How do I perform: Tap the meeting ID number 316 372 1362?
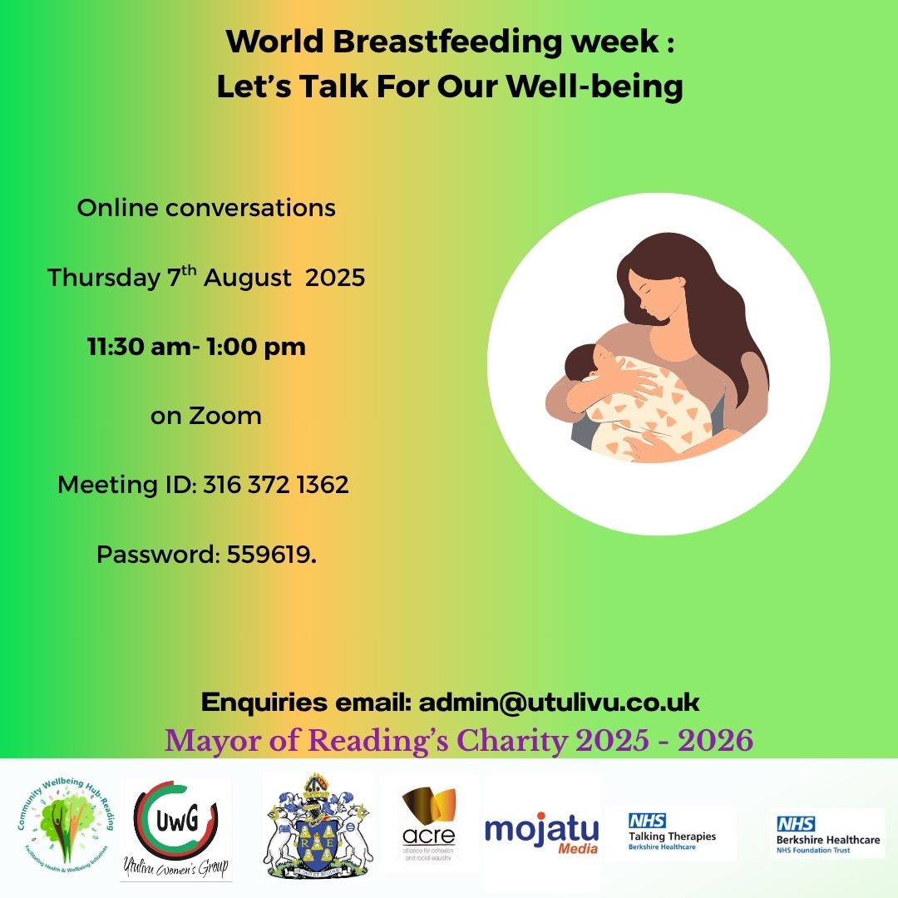pyautogui.click(x=276, y=485)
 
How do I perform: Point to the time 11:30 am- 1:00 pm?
pyautogui.click(x=197, y=347)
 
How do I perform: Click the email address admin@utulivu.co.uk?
pyautogui.click(x=559, y=703)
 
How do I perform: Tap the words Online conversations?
pyautogui.click(x=206, y=208)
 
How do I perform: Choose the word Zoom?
pyautogui.click(x=225, y=415)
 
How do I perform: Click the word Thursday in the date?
pyautogui.click(x=102, y=278)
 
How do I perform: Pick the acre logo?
pyautogui.click(x=428, y=823)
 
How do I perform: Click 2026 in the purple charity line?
pyautogui.click(x=715, y=740)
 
